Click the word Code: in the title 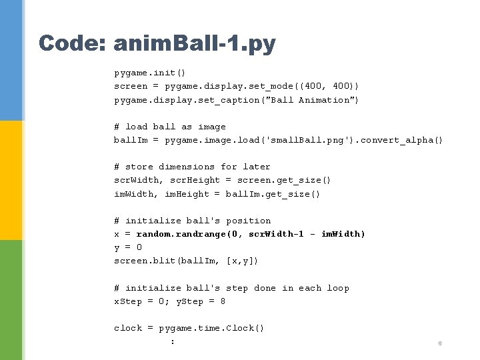[x=71, y=44]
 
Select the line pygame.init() [x=149, y=73]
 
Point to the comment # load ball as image [x=170, y=127]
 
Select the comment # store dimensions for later [x=192, y=167]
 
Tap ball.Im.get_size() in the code [x=273, y=194]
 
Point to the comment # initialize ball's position [x=192, y=221]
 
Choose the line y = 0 [x=128, y=247]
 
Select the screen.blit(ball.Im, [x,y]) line [x=186, y=261]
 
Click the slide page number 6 [x=440, y=343]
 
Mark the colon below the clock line [x=173, y=341]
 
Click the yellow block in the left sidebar [x=11, y=180]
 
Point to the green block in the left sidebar [x=11, y=300]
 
